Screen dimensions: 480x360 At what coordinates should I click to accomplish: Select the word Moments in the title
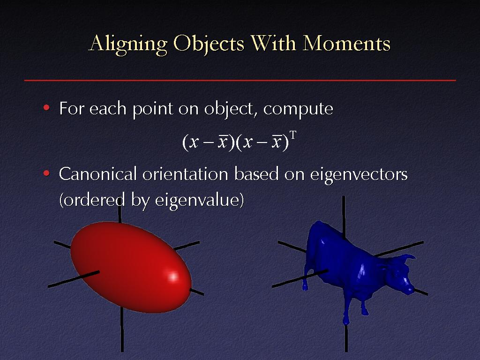click(346, 43)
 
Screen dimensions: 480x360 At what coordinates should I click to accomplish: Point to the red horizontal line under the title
click(240, 81)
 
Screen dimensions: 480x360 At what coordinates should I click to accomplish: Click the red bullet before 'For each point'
click(46, 107)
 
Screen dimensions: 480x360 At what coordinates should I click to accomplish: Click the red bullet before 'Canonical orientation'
click(46, 173)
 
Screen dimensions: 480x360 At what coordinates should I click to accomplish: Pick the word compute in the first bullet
click(298, 109)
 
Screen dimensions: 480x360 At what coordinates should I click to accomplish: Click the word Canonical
click(97, 173)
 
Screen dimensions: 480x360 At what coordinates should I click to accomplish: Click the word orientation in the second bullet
click(185, 173)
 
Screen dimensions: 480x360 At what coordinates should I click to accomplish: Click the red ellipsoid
click(131, 267)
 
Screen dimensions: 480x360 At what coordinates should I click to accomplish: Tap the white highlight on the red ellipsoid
click(173, 277)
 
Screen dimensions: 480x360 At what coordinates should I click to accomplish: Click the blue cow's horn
click(410, 257)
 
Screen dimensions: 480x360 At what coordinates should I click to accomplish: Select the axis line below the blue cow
click(346, 338)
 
